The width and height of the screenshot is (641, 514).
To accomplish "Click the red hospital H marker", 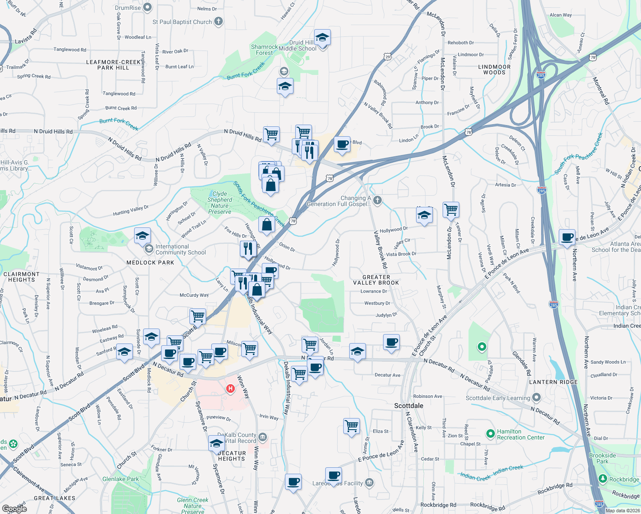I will pos(231,388).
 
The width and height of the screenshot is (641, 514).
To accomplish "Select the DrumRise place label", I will pos(128,8).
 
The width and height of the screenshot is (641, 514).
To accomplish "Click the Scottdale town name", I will pos(409,406).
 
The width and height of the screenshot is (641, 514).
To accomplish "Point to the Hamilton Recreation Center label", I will pos(521,434).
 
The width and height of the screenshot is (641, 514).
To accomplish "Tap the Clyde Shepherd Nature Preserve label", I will pos(219,203).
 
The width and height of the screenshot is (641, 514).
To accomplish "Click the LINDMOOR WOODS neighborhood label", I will pos(494,70).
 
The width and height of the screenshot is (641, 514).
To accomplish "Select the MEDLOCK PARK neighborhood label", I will pos(150,263).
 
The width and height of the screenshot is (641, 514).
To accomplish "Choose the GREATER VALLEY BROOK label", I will pos(376,280).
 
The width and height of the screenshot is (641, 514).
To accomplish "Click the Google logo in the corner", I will pos(15,508).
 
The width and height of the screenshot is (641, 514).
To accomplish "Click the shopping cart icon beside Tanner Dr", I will pos(451,210).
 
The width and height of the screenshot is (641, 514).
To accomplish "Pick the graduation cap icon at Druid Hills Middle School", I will pos(322,38).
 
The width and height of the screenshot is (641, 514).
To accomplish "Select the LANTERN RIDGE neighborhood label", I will pos(554,382).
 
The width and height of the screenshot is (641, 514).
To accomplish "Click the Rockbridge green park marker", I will pos(603,478).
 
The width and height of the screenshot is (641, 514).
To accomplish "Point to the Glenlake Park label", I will pos(121,479).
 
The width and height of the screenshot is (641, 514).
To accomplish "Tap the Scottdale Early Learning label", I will pos(498,398).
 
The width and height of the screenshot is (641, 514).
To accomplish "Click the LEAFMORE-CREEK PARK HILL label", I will pos(113,65).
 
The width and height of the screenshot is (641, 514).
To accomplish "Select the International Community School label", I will pos(180,249).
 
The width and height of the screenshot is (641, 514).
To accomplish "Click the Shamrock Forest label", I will pos(264,50).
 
